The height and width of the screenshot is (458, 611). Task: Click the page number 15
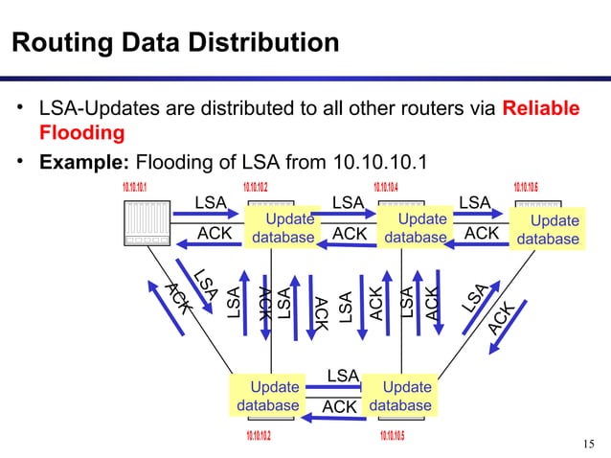587,442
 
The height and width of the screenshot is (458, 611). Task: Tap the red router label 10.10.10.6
533,185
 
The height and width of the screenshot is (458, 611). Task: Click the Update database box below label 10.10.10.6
549,230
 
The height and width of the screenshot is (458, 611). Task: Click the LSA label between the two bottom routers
343,374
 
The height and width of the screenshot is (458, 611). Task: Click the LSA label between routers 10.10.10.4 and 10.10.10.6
475,202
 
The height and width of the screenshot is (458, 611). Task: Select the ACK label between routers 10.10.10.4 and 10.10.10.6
482,233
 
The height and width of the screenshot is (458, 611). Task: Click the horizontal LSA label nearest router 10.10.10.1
211,202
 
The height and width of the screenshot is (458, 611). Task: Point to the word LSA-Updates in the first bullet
94,107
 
